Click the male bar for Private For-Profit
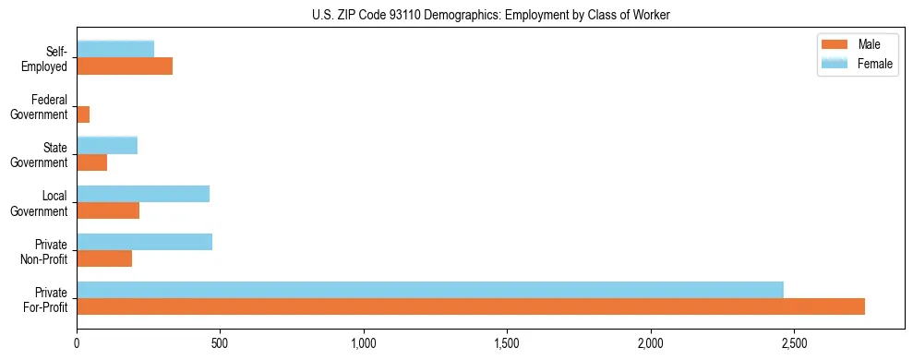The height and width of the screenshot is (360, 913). point(471,306)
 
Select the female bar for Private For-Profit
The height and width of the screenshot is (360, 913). point(430,290)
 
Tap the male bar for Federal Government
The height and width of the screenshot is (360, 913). point(83,114)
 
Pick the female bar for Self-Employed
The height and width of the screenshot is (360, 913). point(115,49)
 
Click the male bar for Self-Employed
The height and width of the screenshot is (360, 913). point(125,66)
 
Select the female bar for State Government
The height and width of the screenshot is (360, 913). point(107,145)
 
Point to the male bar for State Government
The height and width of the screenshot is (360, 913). point(92,162)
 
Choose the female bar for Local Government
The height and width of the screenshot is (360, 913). point(143,194)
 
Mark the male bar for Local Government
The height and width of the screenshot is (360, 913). point(108,210)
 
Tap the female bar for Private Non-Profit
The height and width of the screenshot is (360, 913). point(145,242)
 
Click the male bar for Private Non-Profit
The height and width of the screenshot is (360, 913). point(104,258)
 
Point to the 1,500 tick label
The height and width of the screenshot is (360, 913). point(507,343)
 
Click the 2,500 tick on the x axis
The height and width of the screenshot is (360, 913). point(794,343)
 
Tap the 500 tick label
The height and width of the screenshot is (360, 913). point(220,343)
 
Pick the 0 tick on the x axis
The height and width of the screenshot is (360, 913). point(77,343)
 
